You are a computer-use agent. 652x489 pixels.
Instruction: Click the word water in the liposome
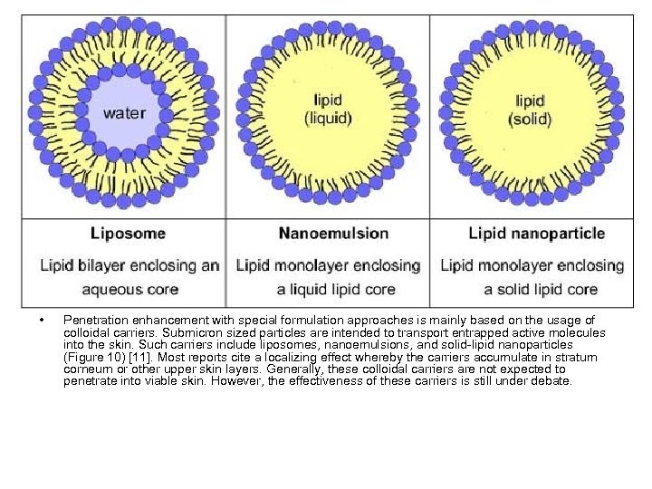[123, 114]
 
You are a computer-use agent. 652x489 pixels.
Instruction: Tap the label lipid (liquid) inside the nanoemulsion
[327, 110]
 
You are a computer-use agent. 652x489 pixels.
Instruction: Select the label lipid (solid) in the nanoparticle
[530, 110]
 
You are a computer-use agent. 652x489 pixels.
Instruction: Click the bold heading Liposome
[128, 234]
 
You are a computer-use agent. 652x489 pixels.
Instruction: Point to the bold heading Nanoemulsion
[333, 234]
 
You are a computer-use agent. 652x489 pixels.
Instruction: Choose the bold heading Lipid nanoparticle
[536, 234]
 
